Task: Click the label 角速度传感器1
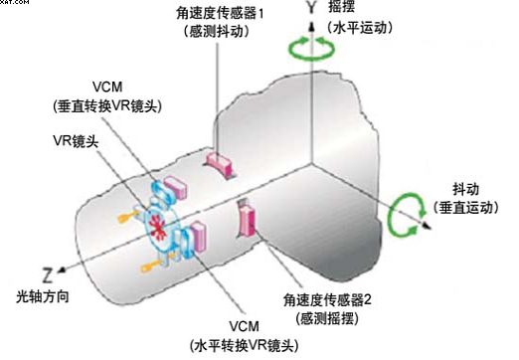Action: (220, 14)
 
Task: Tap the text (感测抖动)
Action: (218, 32)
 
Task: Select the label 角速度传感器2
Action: (327, 300)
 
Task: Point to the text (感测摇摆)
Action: (327, 318)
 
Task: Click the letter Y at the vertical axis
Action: (311, 7)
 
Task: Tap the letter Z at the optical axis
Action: (48, 275)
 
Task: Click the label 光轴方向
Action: (43, 296)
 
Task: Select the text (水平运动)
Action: (360, 28)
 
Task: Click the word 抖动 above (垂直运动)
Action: (465, 189)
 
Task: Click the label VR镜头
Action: (76, 141)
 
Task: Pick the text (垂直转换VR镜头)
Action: (107, 106)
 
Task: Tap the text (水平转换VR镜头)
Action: (245, 346)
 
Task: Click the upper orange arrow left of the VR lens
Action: (127, 217)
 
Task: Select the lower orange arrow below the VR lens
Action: (151, 267)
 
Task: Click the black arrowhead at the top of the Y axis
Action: (311, 27)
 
